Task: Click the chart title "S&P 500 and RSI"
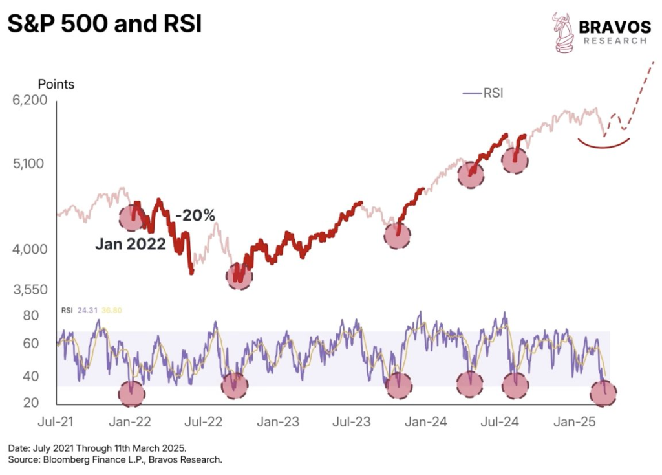104,25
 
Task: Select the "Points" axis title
56,84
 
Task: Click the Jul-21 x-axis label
56,422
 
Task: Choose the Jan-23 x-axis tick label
277,422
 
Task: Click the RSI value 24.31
87,310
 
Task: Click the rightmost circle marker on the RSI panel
603,392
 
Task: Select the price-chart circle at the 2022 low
239,276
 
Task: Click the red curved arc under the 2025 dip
604,144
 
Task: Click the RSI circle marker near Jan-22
132,393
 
